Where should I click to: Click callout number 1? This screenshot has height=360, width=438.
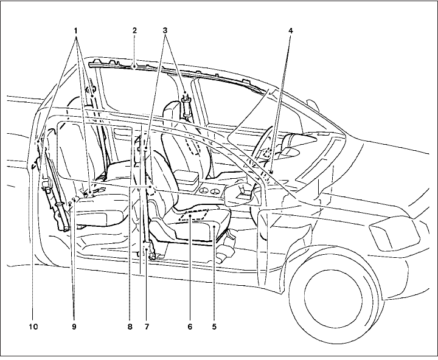[x=77, y=29]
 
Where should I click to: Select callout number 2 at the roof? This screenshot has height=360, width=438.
[x=134, y=29]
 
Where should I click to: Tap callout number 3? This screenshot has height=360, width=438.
[x=167, y=29]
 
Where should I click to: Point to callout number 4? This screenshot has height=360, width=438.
[x=290, y=29]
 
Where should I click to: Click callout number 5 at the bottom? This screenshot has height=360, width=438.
[x=214, y=327]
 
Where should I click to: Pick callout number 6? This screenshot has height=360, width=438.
[x=190, y=327]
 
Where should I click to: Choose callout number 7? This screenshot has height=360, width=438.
[x=147, y=327]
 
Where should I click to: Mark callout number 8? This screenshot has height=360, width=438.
[x=130, y=327]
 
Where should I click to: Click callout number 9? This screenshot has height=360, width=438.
[x=75, y=327]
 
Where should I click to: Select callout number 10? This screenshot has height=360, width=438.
[x=33, y=327]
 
